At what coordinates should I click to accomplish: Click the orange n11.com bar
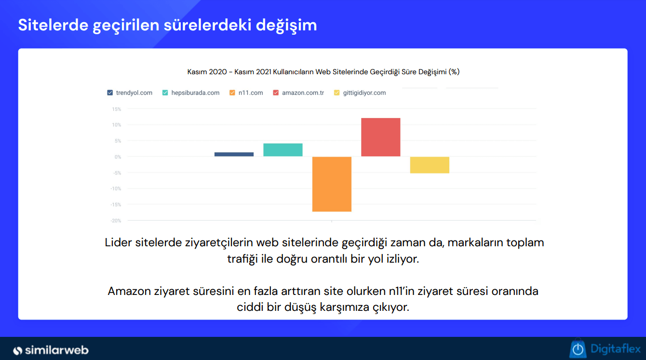[332, 184]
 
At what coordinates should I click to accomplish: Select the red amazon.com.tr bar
[380, 137]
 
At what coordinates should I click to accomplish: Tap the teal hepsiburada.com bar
[283, 150]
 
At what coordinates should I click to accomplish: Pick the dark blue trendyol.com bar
[234, 154]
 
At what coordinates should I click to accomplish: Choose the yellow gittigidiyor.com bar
[430, 165]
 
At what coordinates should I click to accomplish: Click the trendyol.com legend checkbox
[110, 93]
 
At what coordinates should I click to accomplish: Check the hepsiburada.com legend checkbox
[165, 93]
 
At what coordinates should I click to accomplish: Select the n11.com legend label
[251, 93]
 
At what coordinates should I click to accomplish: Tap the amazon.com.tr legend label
[303, 93]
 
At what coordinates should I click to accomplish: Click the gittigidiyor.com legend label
[364, 93]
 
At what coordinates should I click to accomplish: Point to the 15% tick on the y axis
[117, 109]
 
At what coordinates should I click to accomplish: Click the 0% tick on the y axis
[118, 157]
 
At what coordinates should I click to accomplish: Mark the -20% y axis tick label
[116, 221]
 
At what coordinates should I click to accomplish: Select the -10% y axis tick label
[116, 189]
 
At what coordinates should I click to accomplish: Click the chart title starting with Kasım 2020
[323, 72]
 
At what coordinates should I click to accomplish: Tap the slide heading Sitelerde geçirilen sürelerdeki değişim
[167, 25]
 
